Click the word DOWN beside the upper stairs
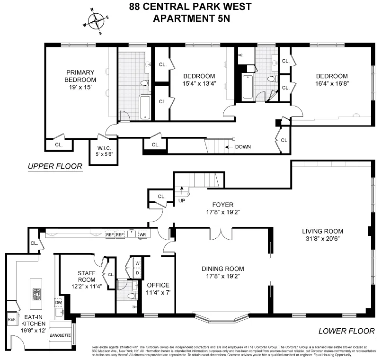pos(246,147)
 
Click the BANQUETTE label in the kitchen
pos(60,335)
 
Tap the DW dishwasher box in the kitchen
pos(59,302)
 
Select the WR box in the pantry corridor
pos(142,234)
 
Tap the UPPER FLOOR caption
pos(55,166)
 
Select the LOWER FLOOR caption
pos(346,331)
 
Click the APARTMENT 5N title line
pos(190,19)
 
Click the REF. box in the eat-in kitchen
pos(11,319)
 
